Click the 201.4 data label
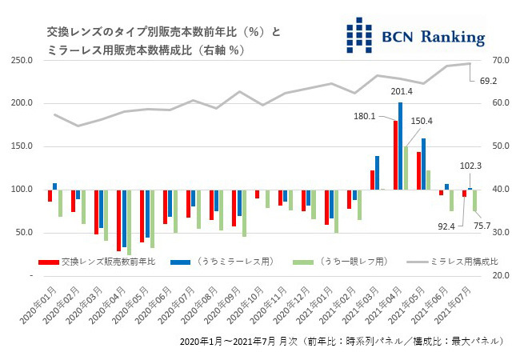click(x=401, y=91)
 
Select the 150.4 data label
click(x=422, y=121)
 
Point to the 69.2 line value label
click(x=489, y=80)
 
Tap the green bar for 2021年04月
click(x=406, y=167)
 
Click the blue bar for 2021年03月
click(x=377, y=172)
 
